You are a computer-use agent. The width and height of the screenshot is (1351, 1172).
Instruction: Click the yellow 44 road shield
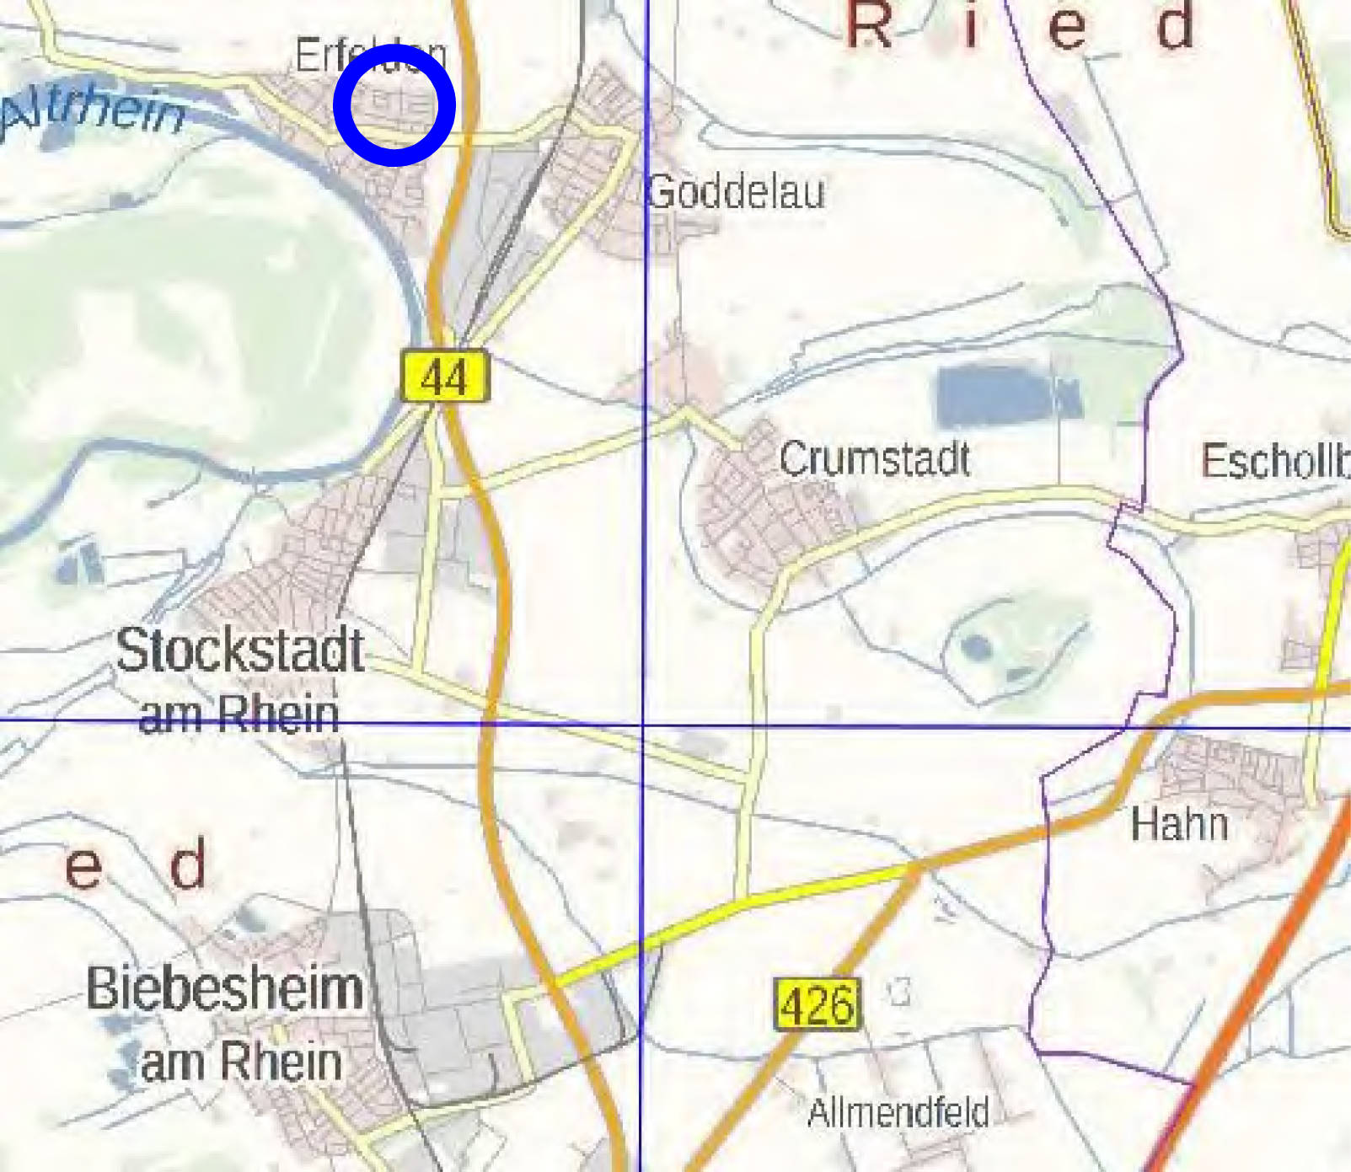(444, 376)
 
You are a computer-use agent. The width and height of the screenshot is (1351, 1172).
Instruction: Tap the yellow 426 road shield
(818, 1003)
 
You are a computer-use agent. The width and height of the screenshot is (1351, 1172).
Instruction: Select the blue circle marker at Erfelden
(394, 104)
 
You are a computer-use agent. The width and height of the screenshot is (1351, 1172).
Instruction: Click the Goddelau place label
(736, 192)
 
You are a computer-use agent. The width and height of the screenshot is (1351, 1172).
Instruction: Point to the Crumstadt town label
(874, 459)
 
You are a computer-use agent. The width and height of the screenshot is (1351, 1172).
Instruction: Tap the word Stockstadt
(240, 650)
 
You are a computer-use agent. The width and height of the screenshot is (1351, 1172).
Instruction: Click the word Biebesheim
(225, 987)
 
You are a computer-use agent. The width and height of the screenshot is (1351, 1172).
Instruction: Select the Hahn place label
(1179, 823)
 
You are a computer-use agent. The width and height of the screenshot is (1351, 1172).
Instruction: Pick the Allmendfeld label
(898, 1112)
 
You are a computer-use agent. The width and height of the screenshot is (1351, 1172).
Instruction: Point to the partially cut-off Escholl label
(1274, 461)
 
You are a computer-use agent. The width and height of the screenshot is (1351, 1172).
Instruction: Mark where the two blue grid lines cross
(644, 724)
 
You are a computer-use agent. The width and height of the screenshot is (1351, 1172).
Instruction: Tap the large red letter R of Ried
(868, 25)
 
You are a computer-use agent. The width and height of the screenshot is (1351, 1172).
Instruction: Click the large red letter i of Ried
(972, 25)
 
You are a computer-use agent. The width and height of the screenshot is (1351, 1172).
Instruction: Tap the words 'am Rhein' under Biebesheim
(241, 1061)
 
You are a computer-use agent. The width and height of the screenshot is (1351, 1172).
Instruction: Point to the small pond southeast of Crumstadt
(978, 647)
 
